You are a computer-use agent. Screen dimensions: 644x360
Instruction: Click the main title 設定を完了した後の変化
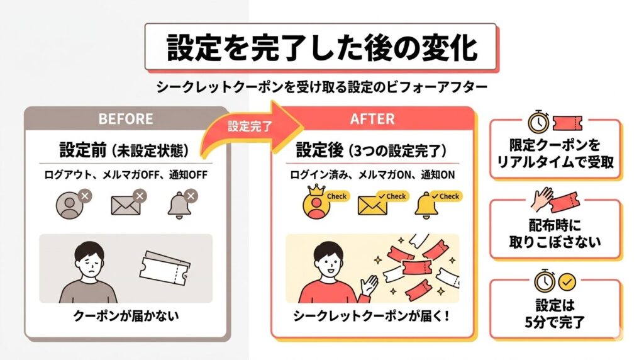click(321, 48)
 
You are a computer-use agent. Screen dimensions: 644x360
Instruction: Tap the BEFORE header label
click(126, 119)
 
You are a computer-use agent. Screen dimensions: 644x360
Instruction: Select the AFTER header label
click(372, 119)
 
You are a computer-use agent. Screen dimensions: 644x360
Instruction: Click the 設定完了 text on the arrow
click(250, 126)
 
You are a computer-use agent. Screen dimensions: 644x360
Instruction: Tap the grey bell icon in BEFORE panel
click(182, 204)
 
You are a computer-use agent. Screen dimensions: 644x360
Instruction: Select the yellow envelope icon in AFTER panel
click(372, 205)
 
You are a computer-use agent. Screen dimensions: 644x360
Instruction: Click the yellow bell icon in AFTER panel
click(425, 205)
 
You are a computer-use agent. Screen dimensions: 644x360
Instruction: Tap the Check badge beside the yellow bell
click(446, 196)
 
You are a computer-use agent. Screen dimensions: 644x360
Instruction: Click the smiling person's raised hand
click(369, 285)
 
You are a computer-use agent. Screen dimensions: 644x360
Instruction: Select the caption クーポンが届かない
click(126, 316)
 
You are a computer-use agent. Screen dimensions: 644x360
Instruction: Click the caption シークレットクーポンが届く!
click(371, 316)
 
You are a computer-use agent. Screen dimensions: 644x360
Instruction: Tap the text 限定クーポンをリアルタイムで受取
click(555, 154)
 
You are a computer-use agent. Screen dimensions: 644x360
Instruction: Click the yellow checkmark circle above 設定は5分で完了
click(567, 283)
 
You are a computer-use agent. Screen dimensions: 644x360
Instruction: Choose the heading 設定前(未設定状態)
click(125, 150)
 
